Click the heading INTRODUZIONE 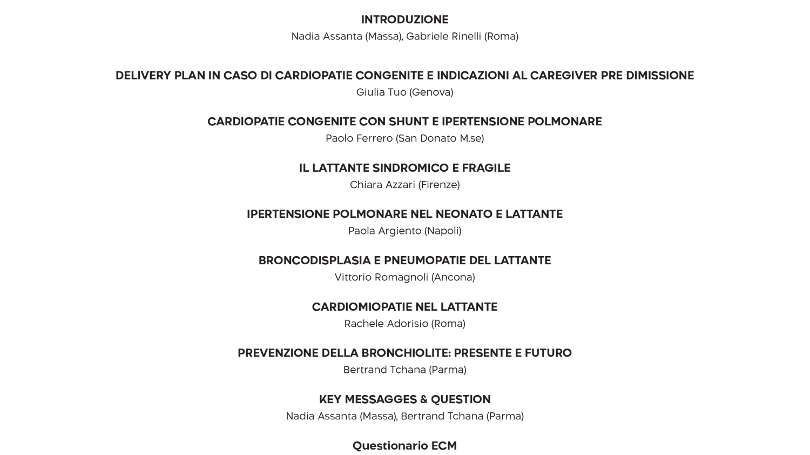coord(404,19)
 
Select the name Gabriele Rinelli coord(443,36)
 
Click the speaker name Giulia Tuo coord(381,92)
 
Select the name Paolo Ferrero coord(359,138)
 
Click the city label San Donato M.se coord(440,138)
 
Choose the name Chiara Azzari coord(382,185)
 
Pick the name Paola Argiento coord(384,231)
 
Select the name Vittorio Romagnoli coord(381,277)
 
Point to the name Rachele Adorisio coord(386,324)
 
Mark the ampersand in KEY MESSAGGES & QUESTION coord(423,399)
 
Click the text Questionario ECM coord(404,446)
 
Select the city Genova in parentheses coord(432,92)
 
